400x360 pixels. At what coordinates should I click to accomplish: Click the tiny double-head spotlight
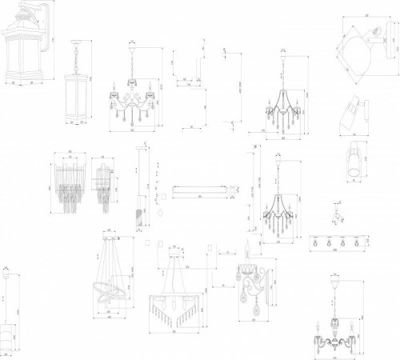(x=338, y=214)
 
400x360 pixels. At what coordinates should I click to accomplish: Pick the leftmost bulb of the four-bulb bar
(x=318, y=241)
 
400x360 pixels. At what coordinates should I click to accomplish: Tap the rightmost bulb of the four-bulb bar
(x=354, y=241)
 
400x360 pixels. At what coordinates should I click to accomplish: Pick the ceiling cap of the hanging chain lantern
(x=78, y=42)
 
